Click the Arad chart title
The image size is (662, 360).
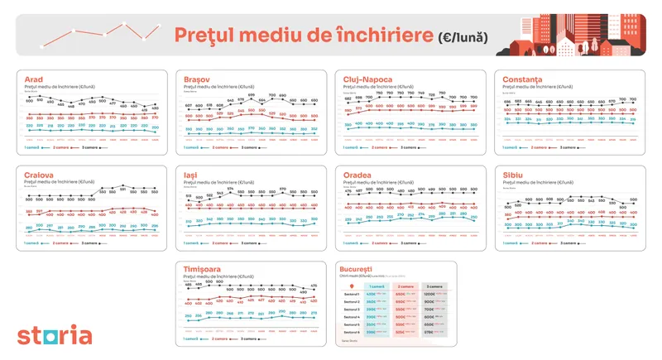click(35, 79)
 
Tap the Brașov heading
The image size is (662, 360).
click(197, 79)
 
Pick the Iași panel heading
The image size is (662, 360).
click(190, 175)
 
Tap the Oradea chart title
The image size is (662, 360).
click(357, 175)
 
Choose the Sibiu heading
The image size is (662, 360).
click(516, 175)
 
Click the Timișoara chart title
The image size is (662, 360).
click(204, 270)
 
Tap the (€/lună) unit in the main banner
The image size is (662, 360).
click(464, 36)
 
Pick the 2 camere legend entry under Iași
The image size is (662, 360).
click(225, 243)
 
